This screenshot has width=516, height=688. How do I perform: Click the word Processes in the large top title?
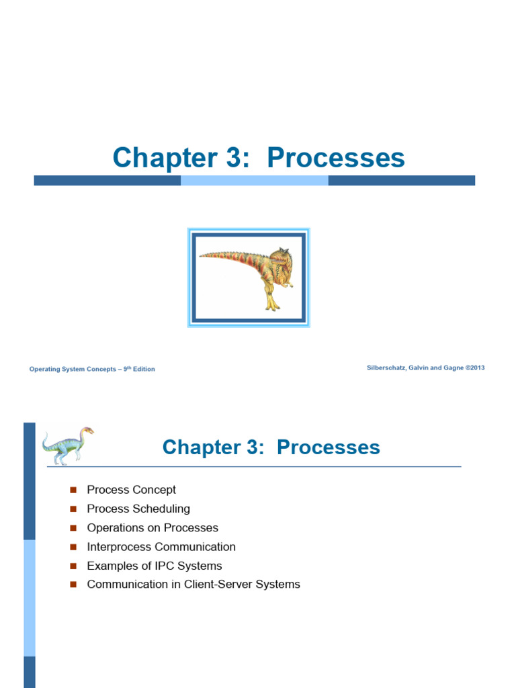pos(336,157)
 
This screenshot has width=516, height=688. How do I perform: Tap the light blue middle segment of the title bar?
pos(255,180)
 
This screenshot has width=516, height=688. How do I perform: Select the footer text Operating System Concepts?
pos(73,369)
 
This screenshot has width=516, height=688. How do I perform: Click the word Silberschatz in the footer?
pos(386,368)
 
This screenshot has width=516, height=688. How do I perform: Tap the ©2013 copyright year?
pos(475,368)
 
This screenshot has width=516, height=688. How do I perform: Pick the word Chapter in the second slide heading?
pos(202,447)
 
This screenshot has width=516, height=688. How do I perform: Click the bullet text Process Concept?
pos(131,490)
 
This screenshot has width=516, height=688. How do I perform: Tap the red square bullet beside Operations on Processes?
pos(73,528)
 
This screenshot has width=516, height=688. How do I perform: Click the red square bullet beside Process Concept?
pos(73,490)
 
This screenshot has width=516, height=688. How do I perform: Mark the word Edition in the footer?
pos(144,369)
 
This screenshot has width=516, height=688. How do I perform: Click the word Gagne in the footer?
pos(454,368)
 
